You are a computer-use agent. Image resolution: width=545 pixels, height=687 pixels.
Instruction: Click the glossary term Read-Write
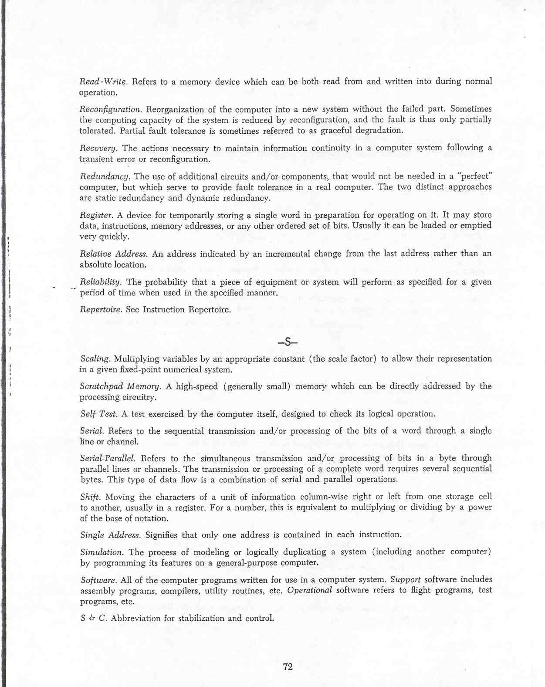[x=103, y=81]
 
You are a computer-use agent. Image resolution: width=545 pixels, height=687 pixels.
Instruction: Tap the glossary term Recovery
[x=98, y=149]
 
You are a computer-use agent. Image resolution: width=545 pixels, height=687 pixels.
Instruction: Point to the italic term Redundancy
[x=105, y=176]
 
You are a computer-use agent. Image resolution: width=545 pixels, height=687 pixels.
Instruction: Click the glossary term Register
[x=96, y=215]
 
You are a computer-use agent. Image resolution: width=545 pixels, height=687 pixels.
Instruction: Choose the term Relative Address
[x=114, y=254]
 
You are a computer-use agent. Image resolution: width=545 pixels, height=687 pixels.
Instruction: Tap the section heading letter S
[x=288, y=342]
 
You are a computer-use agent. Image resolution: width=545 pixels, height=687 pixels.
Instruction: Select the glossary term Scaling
[x=95, y=359]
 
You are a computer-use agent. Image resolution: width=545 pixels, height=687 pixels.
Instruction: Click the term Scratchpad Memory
[x=120, y=386]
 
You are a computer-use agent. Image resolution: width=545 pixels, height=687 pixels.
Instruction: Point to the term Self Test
[x=98, y=414]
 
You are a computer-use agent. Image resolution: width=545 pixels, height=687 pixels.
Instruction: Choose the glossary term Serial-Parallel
[x=108, y=458]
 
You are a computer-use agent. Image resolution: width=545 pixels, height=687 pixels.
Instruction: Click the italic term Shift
[x=90, y=497]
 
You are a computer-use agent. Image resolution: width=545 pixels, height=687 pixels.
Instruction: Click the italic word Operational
[x=309, y=590]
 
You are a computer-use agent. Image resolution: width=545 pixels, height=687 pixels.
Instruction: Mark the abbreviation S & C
[x=93, y=618]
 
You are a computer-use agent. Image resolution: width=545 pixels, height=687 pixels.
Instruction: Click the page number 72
[x=288, y=667]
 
